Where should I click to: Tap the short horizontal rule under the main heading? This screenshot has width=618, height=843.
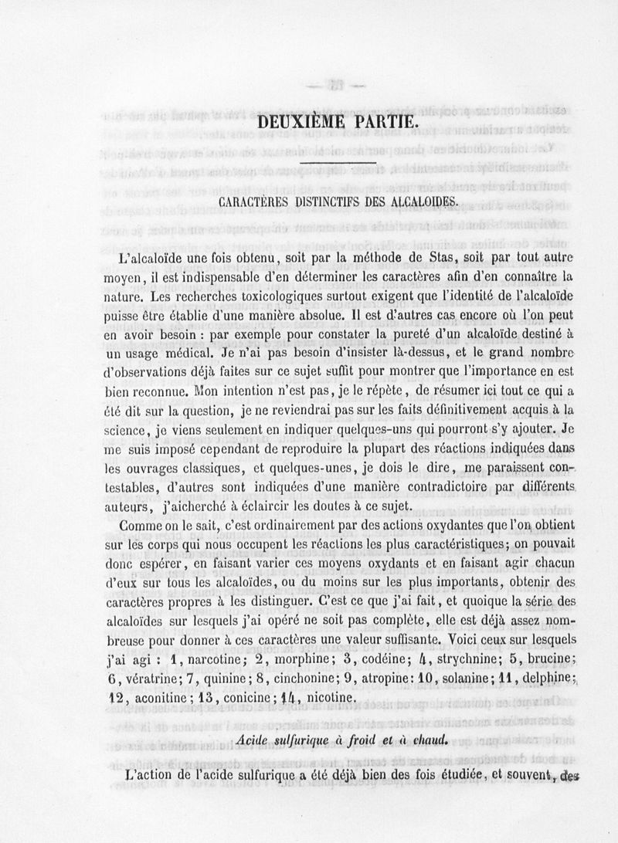tap(338, 163)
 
